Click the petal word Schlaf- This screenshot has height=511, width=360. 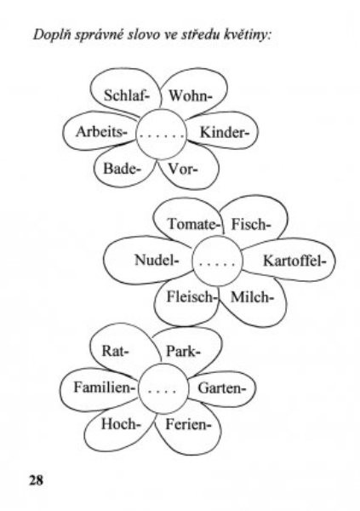127,95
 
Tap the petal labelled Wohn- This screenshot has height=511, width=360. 191,96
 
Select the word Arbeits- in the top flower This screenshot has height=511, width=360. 101,132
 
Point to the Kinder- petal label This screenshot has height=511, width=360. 225,132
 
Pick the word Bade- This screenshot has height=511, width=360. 123,169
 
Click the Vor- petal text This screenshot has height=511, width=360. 183,169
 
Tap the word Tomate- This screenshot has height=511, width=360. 192,224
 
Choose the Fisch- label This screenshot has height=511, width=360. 251,225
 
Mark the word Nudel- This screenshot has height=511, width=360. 157,260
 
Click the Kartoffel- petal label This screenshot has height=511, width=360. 294,261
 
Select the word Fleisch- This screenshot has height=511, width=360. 191,297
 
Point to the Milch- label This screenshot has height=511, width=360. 252,297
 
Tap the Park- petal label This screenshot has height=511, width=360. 184,352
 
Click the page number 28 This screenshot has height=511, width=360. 36,480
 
